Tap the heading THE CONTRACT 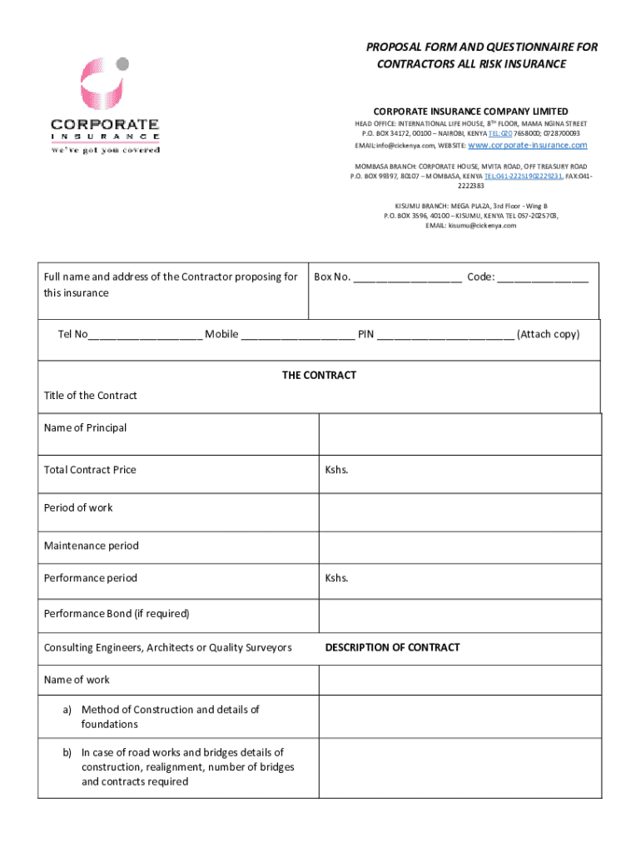[x=319, y=375]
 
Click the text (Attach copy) [x=548, y=334]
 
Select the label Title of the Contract [x=90, y=396]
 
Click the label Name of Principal [x=85, y=427]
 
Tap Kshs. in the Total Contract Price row [x=336, y=470]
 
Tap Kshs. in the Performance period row [x=336, y=578]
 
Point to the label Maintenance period [x=91, y=546]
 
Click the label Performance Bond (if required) [x=117, y=614]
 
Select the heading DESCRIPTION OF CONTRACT [x=392, y=647]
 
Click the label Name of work [x=77, y=680]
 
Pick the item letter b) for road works [x=67, y=752]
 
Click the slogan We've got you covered [x=105, y=150]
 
